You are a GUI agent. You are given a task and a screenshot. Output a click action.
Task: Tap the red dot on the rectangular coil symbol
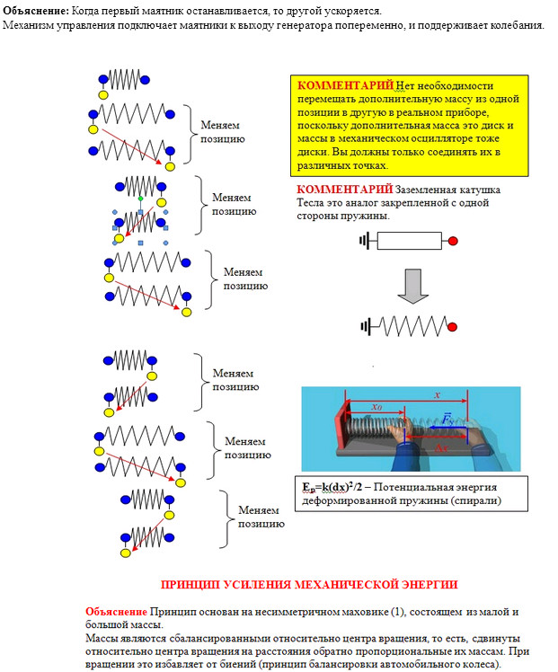click(x=454, y=241)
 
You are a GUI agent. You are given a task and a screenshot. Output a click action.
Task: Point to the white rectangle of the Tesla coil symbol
click(x=409, y=241)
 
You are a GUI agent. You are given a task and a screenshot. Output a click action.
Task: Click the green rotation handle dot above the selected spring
click(x=141, y=198)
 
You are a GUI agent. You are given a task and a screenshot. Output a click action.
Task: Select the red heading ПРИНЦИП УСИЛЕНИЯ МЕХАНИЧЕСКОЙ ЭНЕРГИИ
click(x=308, y=584)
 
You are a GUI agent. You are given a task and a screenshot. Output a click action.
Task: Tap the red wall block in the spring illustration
click(x=341, y=427)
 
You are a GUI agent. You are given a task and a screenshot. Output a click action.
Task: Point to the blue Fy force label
click(x=447, y=420)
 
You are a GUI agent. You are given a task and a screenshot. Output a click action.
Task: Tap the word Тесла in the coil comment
click(x=314, y=203)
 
